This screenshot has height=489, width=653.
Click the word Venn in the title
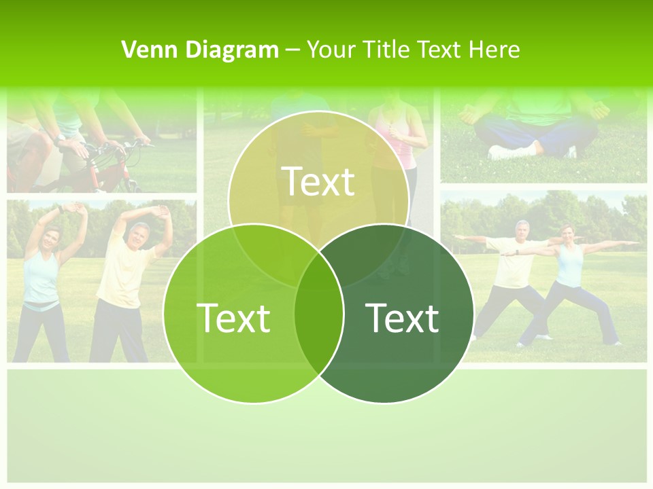pyautogui.click(x=144, y=49)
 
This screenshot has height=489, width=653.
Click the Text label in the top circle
pyautogui.click(x=318, y=181)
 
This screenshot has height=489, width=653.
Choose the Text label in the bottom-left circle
pyautogui.click(x=233, y=317)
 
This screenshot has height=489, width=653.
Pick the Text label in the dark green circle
pyautogui.click(x=402, y=317)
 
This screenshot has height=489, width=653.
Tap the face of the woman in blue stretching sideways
pyautogui.click(x=52, y=238)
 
